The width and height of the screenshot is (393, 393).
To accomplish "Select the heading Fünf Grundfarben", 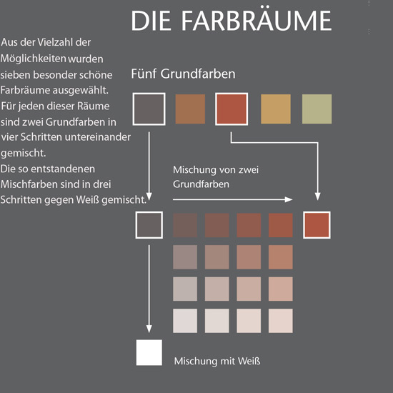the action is click(x=183, y=74).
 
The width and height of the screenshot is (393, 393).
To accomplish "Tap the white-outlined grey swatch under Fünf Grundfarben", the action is click(x=149, y=109).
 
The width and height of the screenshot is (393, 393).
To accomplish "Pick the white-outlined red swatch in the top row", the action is click(x=232, y=109).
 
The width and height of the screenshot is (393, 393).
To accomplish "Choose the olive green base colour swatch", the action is click(x=317, y=109).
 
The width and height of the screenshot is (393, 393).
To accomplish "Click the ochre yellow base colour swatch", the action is click(x=276, y=109).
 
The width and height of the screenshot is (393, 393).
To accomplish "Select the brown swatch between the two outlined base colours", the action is click(x=190, y=109).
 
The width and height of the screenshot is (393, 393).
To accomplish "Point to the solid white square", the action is click(x=149, y=352).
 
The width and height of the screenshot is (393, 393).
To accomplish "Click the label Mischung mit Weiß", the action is click(x=217, y=361).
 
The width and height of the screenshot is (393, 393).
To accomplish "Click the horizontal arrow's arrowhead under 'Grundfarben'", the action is click(x=289, y=199).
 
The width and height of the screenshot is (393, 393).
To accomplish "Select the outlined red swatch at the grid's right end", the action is click(x=317, y=225).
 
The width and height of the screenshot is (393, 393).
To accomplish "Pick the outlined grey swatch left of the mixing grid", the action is click(x=149, y=225).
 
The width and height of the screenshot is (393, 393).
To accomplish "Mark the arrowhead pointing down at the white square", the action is click(x=149, y=329).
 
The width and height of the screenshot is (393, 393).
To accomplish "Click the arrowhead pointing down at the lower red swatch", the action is click(x=318, y=196).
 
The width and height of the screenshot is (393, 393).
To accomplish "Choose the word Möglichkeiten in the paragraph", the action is click(x=33, y=59).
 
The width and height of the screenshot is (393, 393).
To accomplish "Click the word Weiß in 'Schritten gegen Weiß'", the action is click(x=88, y=200).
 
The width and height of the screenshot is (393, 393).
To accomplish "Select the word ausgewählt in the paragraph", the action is click(x=80, y=91).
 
